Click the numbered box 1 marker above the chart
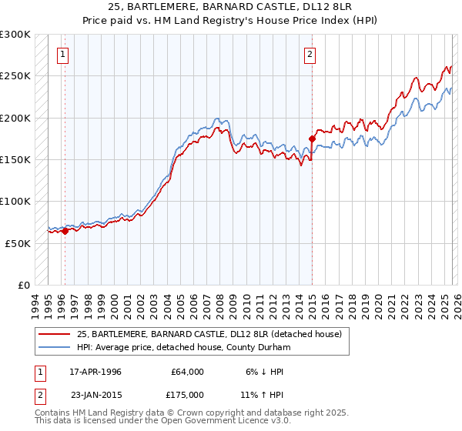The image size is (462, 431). point(62,54)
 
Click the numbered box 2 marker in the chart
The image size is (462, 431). point(309,54)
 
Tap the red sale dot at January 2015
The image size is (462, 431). point(312,139)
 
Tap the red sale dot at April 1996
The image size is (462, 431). point(65,230)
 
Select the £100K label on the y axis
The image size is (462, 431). point(15,201)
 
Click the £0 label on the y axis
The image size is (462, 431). point(23,285)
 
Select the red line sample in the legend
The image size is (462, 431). point(55,334)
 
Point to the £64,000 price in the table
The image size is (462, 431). point(187,372)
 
